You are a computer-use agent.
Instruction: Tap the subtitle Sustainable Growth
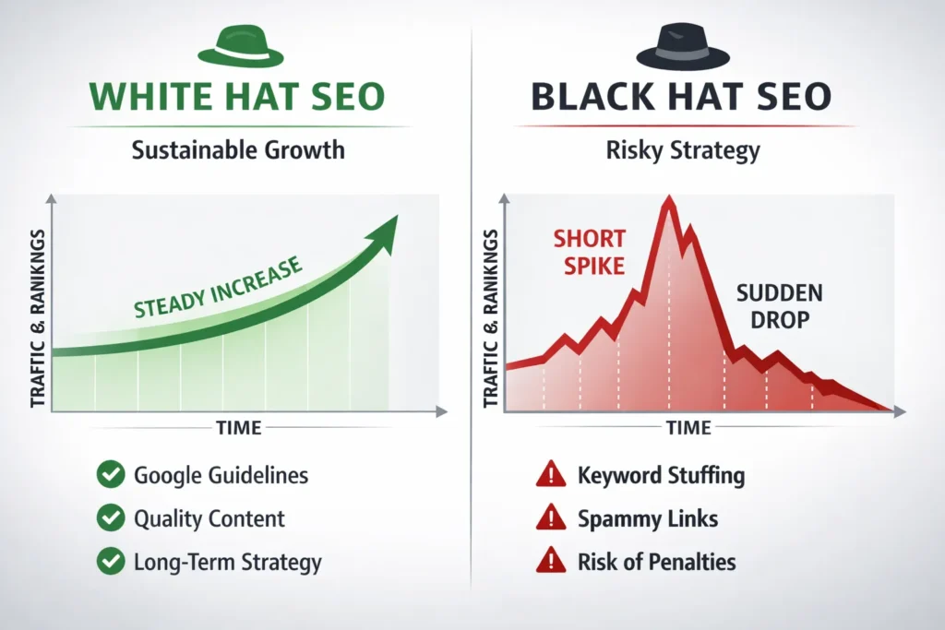point(238,149)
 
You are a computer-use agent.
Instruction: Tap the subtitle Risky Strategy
point(683,150)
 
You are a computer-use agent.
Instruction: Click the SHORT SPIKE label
point(589,252)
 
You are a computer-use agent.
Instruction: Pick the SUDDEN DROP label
point(779,307)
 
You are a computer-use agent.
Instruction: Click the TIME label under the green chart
point(237,427)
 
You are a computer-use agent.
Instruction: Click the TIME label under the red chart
point(688,428)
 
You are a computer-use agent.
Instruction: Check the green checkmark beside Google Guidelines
point(111,476)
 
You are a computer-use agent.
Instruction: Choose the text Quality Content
point(209,518)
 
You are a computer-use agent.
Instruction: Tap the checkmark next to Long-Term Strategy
point(111,561)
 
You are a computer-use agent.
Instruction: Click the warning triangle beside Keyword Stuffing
point(551,476)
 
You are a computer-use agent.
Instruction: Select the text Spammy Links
point(648,518)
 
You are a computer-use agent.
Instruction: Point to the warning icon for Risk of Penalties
point(551,561)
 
